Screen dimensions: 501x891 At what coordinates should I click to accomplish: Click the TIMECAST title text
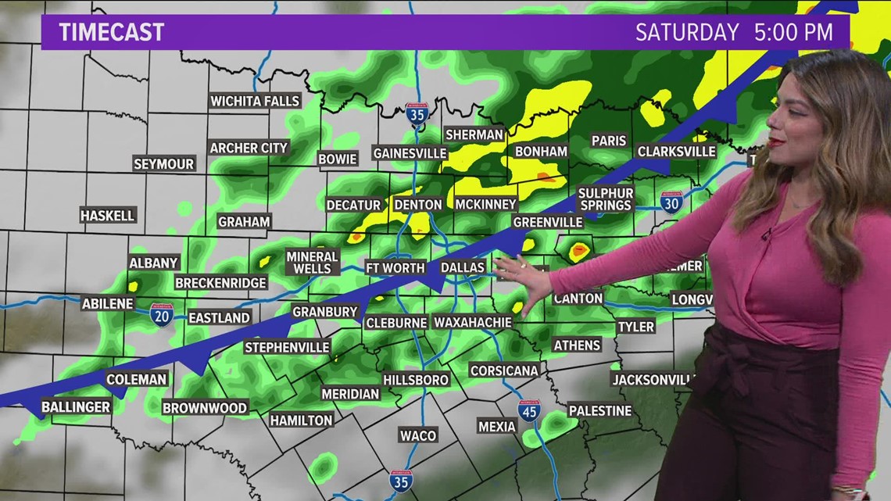tap(112, 32)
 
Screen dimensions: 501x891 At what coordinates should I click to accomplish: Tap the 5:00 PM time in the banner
tap(794, 32)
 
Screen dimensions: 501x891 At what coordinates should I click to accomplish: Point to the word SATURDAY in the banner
tap(686, 32)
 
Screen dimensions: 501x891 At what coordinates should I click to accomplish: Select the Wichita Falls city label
tap(256, 101)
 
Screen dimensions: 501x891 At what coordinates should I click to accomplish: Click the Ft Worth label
tap(395, 267)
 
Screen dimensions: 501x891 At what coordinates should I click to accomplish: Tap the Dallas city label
tap(463, 267)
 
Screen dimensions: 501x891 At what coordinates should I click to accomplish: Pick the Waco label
tap(417, 435)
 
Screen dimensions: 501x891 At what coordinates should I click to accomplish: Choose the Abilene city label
tap(107, 303)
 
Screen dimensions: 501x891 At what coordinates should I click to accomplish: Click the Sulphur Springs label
tap(605, 199)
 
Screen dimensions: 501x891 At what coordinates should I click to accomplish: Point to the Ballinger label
tap(76, 406)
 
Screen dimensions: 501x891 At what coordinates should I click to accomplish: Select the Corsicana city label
tap(504, 370)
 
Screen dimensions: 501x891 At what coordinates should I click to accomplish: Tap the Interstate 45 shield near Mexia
tap(529, 410)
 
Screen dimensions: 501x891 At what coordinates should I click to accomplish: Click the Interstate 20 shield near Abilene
tap(162, 314)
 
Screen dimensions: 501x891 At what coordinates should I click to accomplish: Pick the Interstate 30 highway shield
tap(671, 202)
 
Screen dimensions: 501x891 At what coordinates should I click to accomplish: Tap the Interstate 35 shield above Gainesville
tap(417, 114)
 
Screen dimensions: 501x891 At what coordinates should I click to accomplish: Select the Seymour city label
tap(163, 164)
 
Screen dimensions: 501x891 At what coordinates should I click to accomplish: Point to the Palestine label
tap(599, 410)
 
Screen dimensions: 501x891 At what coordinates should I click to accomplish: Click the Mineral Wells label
tap(312, 263)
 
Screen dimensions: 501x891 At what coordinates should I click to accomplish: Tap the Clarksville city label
tap(676, 151)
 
